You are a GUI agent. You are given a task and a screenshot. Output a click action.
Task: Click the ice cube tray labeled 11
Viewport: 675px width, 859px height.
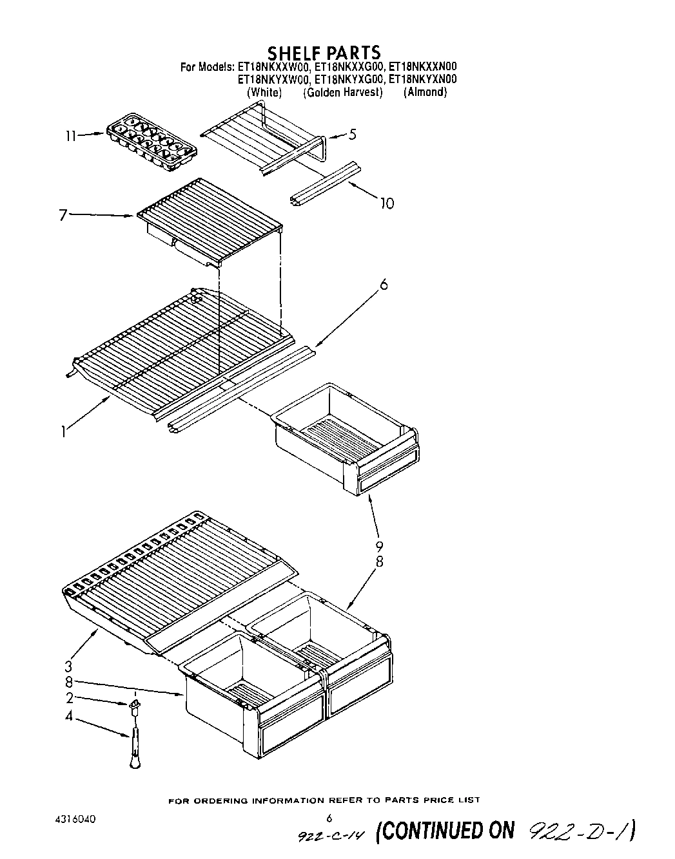(152, 142)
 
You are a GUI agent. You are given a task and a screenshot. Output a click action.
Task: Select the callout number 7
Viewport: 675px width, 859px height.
(63, 215)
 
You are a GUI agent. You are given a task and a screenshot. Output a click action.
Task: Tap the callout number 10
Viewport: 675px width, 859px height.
(386, 203)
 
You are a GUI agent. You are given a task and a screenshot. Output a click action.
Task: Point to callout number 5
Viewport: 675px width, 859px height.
(352, 135)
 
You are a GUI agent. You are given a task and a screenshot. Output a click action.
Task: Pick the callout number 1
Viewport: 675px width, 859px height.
(63, 432)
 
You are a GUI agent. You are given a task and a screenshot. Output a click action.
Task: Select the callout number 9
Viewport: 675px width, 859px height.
(379, 547)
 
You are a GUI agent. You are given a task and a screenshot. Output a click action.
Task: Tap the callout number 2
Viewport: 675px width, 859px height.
(68, 697)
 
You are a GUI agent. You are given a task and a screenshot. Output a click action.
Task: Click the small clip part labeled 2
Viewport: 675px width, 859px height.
(135, 708)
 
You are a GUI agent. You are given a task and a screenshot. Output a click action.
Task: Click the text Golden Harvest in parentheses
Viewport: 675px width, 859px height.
(343, 93)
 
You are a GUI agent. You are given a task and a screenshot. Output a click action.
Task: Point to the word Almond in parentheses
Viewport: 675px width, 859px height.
(425, 93)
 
